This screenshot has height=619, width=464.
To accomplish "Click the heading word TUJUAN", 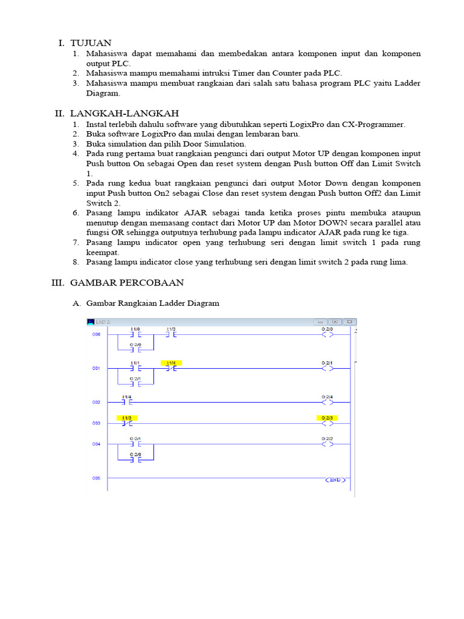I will (91, 43).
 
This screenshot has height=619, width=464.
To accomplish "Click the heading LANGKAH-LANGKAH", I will (124, 114).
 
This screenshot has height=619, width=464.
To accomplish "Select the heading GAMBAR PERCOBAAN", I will (127, 282).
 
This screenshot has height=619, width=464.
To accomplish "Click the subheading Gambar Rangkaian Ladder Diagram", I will (153, 303).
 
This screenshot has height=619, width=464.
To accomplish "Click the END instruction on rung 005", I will (335, 480).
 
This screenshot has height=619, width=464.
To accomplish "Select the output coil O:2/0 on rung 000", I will (327, 334).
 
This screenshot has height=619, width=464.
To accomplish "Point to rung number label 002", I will (96, 402).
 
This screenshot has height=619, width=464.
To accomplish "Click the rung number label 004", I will (96, 444).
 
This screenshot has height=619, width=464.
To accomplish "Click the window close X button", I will (350, 322).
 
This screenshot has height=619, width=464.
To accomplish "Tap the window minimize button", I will (320, 322).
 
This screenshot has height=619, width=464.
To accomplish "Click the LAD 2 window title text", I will (103, 322).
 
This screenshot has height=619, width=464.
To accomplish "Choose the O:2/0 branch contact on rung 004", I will (135, 459).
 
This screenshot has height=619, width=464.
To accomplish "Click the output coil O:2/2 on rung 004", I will (327, 444).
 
